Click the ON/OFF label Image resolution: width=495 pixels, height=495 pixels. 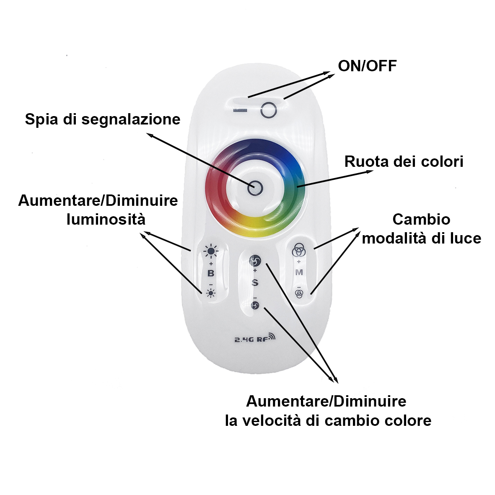click(x=367, y=66)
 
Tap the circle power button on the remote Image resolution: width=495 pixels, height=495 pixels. click(x=269, y=110)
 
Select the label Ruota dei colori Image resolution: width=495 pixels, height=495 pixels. click(x=404, y=162)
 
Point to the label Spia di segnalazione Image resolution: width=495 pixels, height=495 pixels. click(x=103, y=119)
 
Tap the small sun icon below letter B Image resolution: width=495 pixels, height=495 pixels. click(x=210, y=293)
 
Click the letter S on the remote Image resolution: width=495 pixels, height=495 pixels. click(x=255, y=282)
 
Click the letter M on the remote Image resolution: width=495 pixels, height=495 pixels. click(x=299, y=272)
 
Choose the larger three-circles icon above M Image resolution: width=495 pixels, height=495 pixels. click(x=298, y=250)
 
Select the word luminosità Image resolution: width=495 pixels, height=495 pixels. click(x=106, y=219)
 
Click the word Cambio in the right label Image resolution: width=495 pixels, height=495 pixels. click(x=421, y=219)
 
